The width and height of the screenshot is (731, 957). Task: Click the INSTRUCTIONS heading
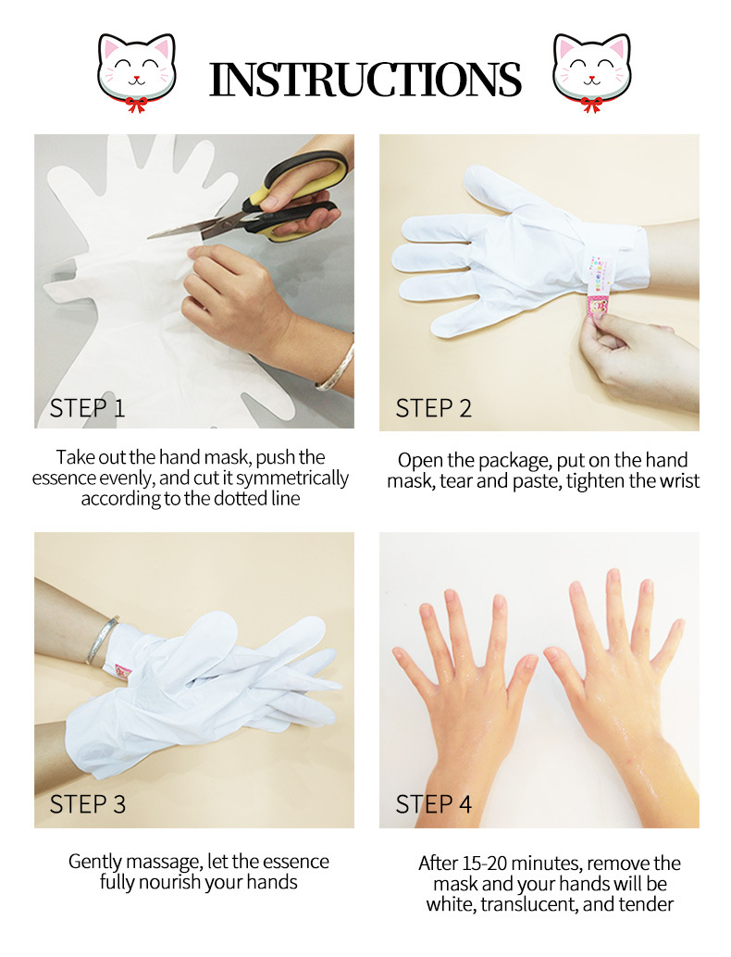(x=365, y=80)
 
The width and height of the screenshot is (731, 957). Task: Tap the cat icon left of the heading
(x=137, y=72)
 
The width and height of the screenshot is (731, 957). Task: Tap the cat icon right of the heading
(x=592, y=72)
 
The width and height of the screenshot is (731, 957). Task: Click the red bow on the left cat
(x=136, y=105)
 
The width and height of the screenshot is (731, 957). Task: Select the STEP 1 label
(x=87, y=408)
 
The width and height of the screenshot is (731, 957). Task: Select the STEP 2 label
(x=433, y=408)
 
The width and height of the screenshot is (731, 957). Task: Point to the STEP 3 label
(x=87, y=804)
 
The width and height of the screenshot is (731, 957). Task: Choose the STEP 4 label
(x=433, y=804)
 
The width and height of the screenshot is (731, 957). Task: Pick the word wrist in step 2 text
(x=678, y=481)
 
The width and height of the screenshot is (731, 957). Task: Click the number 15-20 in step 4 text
(x=483, y=863)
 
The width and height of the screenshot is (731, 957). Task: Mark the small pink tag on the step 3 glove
(x=124, y=672)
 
